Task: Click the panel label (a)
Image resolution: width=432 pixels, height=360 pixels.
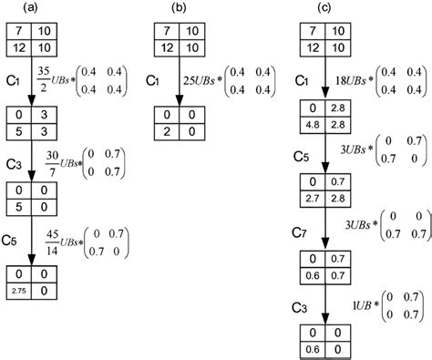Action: [30, 8]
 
